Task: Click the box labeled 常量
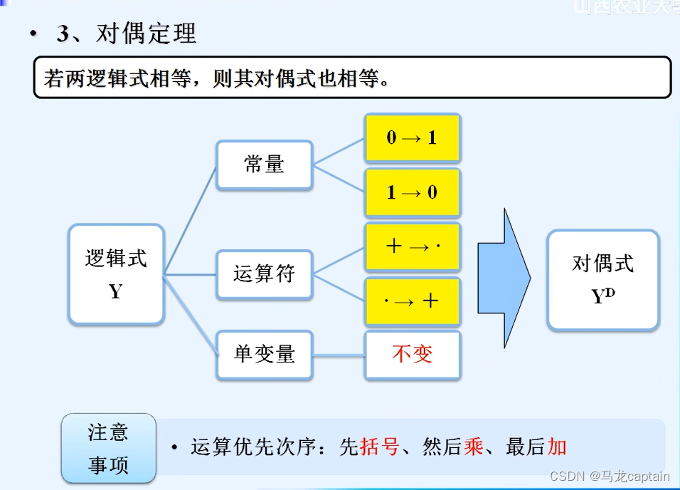click(x=264, y=165)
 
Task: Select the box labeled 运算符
click(x=264, y=273)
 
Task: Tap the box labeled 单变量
click(x=264, y=354)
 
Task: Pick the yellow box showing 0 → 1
click(x=413, y=137)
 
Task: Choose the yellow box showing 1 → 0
click(x=413, y=192)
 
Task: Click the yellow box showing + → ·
click(x=413, y=246)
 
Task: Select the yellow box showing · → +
click(x=413, y=301)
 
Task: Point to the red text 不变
click(x=413, y=354)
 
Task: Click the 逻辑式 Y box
click(x=116, y=274)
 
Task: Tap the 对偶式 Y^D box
click(x=602, y=279)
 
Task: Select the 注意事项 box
click(x=108, y=448)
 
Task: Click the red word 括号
click(x=380, y=447)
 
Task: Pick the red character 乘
click(x=473, y=447)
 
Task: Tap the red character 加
click(x=557, y=447)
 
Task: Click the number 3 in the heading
click(x=63, y=34)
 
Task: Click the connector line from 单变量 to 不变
click(x=339, y=355)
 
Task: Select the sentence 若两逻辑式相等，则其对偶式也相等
click(x=217, y=78)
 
